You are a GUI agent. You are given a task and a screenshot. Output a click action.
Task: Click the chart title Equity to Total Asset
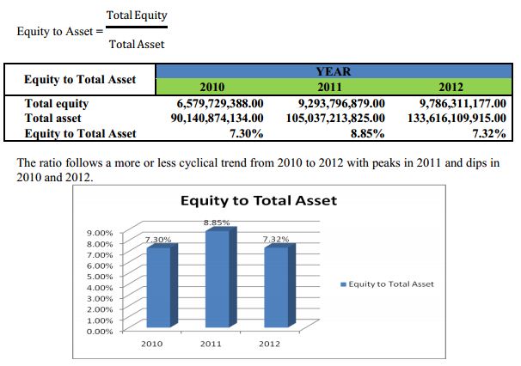259,200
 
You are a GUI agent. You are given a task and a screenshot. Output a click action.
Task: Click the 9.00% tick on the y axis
101,233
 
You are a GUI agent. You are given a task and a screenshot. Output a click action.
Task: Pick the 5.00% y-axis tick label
101,277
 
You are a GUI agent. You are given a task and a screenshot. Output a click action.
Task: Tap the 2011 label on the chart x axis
211,345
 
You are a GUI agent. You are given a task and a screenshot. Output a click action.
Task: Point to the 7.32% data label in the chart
275,238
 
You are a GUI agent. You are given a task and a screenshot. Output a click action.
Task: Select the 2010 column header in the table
212,87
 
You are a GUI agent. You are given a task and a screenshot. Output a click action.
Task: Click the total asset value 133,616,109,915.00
456,118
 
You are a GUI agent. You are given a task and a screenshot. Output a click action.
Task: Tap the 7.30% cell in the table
245,132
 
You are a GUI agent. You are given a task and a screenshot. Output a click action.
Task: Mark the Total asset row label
53,118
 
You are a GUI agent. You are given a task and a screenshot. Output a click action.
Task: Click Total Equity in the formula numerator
137,16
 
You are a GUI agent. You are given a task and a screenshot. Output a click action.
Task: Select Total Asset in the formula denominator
137,44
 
